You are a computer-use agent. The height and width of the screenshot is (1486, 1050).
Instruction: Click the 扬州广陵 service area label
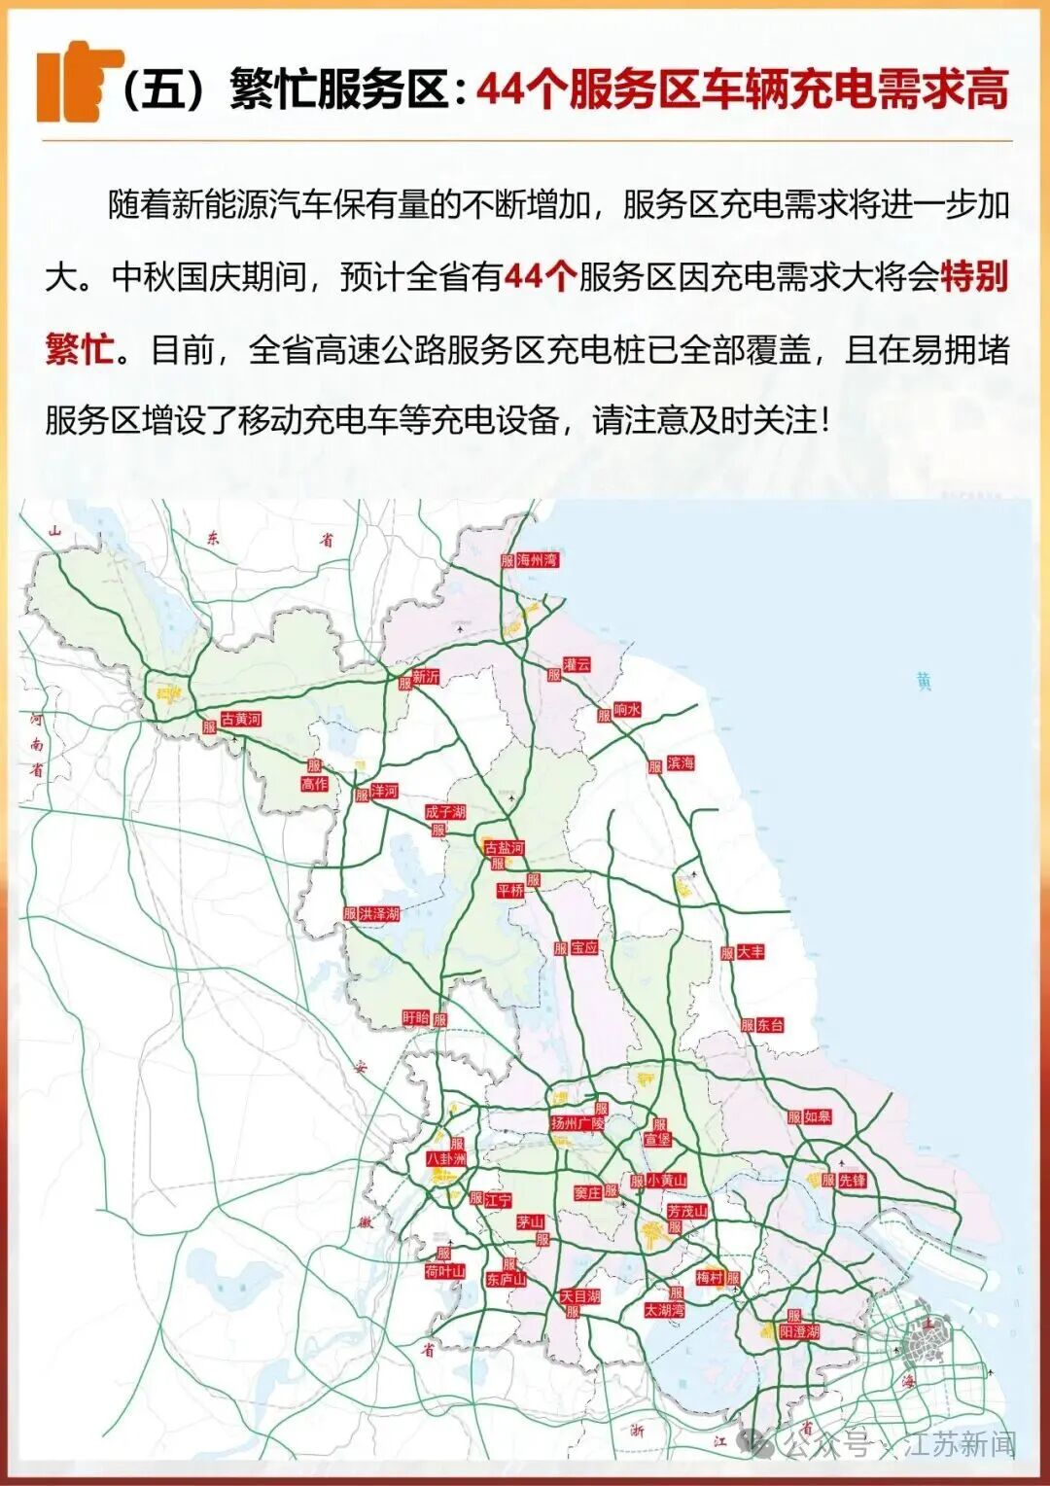577,1123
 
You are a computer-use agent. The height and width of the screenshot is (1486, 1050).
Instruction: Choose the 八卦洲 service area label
446,1159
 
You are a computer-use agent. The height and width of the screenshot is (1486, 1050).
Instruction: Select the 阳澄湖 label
799,1331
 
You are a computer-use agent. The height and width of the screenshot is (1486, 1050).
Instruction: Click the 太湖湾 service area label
664,1310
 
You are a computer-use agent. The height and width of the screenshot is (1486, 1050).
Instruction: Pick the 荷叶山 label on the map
444,1271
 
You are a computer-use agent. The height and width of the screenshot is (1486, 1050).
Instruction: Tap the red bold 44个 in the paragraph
541,277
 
